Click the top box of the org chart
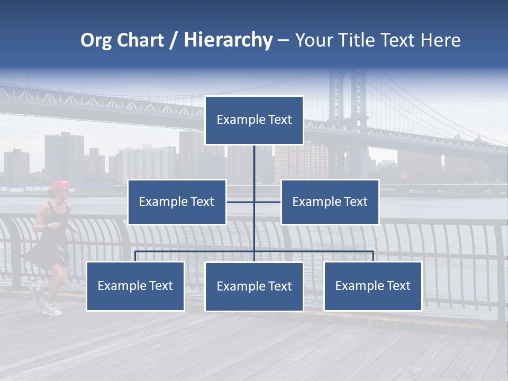(x=254, y=120)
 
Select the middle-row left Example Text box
(x=177, y=202)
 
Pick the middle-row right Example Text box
(x=330, y=202)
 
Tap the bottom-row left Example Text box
(x=135, y=286)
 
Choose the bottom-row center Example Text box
(x=254, y=286)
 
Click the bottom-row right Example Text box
(x=373, y=286)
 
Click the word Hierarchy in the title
(x=228, y=40)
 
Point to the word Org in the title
(x=96, y=40)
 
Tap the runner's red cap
(x=61, y=185)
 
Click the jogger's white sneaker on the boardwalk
(x=53, y=310)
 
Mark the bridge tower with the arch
(x=347, y=101)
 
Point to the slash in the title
(x=173, y=41)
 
